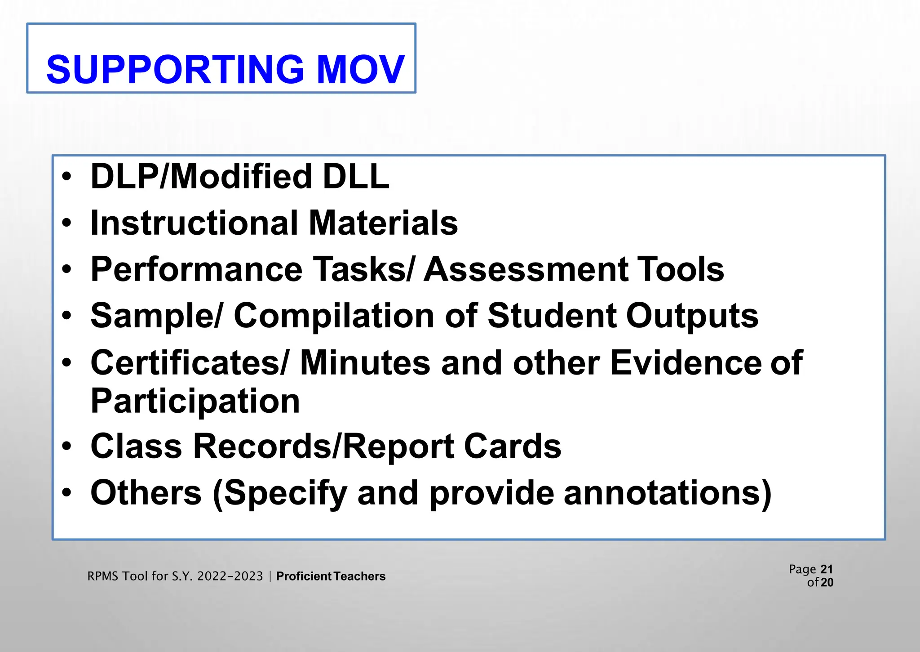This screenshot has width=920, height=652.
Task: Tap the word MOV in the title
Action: (361, 70)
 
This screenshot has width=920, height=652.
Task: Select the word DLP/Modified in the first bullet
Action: (201, 176)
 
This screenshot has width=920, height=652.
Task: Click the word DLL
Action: (356, 176)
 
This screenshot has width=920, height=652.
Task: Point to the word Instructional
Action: (194, 223)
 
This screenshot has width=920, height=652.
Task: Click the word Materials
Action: (383, 223)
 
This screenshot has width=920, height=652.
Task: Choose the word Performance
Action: (197, 270)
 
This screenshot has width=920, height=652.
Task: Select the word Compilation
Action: (334, 316)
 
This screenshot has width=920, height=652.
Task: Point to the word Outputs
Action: (692, 316)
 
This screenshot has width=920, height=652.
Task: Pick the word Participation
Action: (195, 401)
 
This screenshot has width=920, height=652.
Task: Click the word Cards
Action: (512, 447)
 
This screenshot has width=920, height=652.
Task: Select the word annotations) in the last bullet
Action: (668, 493)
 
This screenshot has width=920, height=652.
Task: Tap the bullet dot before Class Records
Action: (67, 447)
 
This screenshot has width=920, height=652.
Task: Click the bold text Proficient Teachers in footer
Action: (331, 576)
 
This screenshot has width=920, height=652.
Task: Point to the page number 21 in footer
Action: (827, 569)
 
